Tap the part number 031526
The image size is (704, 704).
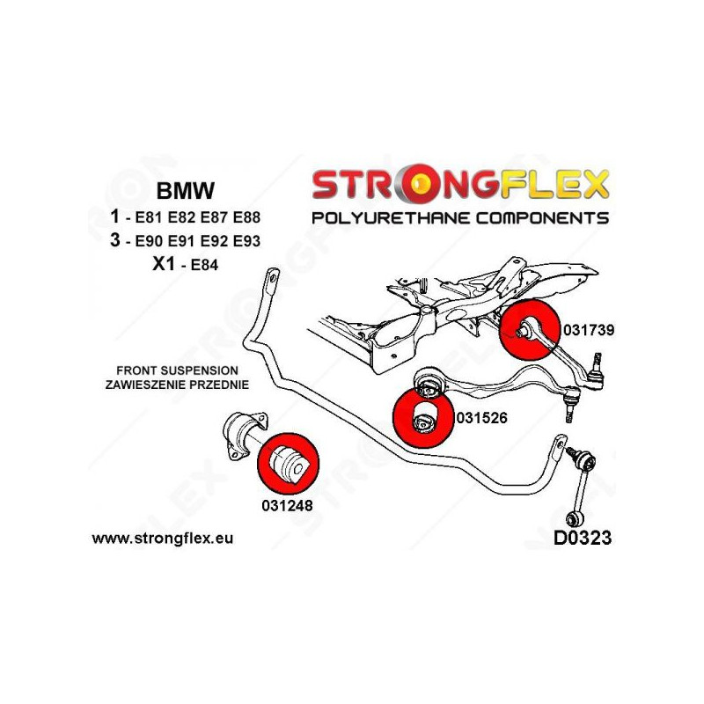[x=482, y=419]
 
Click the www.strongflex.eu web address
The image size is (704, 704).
[x=164, y=538]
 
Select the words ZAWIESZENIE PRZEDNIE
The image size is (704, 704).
[x=176, y=385]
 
